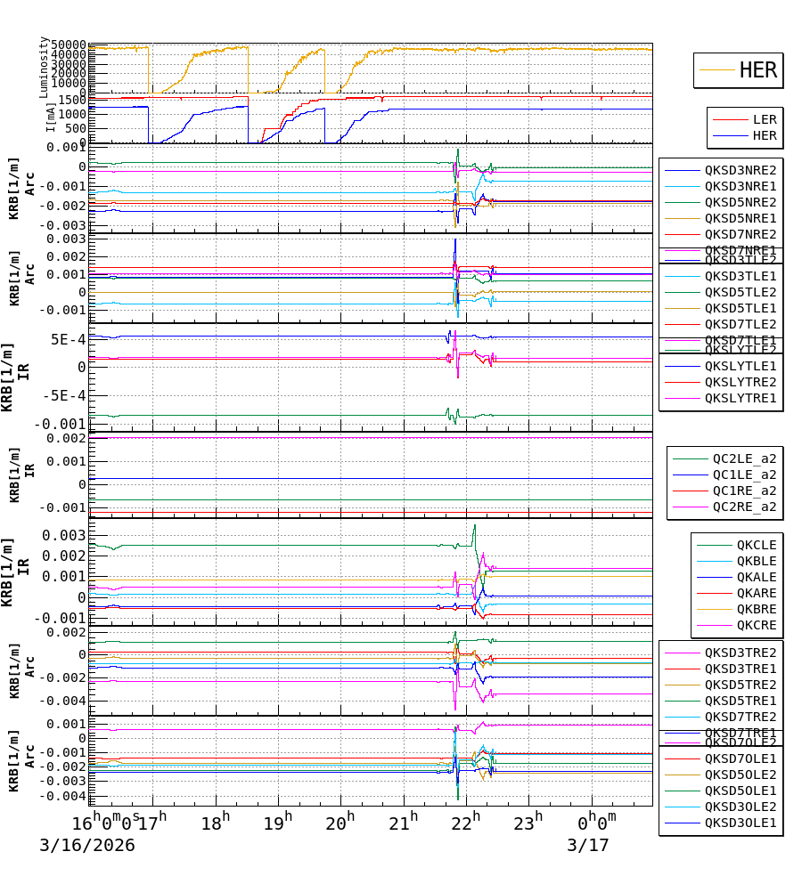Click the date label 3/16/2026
pyautogui.click(x=87, y=845)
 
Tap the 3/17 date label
pyautogui.click(x=588, y=845)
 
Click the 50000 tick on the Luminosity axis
pyautogui.click(x=68, y=45)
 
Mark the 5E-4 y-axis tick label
pyautogui.click(x=68, y=339)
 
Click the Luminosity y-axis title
pyautogui.click(x=44, y=67)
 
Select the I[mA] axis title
pyautogui.click(x=52, y=116)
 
